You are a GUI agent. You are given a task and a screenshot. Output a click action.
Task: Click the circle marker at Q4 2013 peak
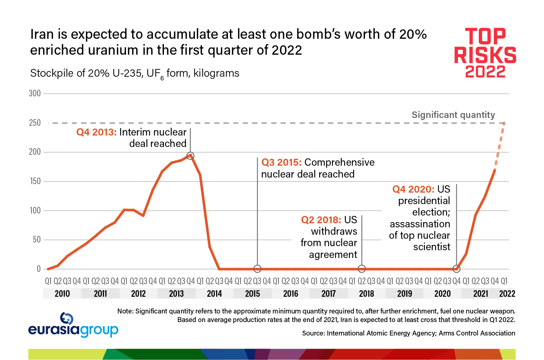click(190, 156)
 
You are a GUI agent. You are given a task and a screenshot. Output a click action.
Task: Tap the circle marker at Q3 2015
click(257, 269)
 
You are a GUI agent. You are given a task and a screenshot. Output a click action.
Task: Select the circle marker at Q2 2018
click(362, 269)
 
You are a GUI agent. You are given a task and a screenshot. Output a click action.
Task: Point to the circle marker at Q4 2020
click(457, 269)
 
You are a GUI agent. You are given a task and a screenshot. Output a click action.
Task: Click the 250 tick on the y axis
click(35, 123)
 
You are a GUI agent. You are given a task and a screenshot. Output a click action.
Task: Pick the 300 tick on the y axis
click(35, 93)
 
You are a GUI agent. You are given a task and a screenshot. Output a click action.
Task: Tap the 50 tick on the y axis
click(37, 240)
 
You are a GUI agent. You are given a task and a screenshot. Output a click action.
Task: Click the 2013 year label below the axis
click(177, 293)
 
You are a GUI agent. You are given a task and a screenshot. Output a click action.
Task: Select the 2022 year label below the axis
click(507, 293)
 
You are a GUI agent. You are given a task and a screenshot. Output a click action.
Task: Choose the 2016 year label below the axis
click(290, 293)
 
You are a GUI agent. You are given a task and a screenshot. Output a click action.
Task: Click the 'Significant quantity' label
click(453, 115)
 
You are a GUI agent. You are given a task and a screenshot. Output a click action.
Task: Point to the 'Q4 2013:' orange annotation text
click(96, 132)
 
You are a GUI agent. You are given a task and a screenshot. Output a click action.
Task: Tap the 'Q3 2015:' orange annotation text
click(281, 162)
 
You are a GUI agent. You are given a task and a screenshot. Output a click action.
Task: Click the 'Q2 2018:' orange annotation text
click(321, 220)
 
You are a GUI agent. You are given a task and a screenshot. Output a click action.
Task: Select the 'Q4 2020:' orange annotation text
click(413, 189)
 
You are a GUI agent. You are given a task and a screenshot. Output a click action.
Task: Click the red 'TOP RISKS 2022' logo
click(485, 53)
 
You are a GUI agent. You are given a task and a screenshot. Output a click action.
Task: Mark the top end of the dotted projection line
click(504, 123)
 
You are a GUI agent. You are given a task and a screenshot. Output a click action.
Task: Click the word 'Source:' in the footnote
click(313, 333)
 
